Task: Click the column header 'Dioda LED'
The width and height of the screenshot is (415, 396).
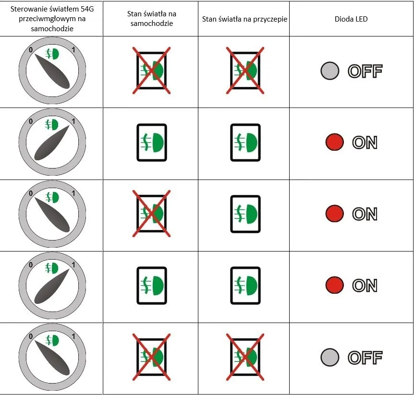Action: (x=351, y=19)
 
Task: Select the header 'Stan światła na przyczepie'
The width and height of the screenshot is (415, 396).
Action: (x=244, y=19)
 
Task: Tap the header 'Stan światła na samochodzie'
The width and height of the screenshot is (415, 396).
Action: (x=152, y=19)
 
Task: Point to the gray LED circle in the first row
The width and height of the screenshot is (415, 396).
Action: (x=330, y=71)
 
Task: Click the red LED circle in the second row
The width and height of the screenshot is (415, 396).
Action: (x=334, y=142)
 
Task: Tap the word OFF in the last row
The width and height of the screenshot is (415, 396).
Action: (x=365, y=358)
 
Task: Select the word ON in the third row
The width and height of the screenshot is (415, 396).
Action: (x=365, y=214)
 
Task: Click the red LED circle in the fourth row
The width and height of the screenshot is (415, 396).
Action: (x=334, y=285)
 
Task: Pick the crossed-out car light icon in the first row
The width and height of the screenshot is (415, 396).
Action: (x=152, y=71)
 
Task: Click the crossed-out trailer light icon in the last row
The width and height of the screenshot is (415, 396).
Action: (x=245, y=357)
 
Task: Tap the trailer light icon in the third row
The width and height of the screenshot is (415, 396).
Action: (x=245, y=214)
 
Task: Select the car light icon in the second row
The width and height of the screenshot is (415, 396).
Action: (x=152, y=142)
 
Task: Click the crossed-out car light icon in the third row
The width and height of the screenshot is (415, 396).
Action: (x=152, y=214)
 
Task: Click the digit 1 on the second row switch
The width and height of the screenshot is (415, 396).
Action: (x=73, y=121)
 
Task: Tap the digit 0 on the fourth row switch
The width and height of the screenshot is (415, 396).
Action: (x=31, y=264)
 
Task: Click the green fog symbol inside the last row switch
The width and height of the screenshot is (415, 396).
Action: (x=52, y=340)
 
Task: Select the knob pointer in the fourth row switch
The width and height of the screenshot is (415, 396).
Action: (x=52, y=286)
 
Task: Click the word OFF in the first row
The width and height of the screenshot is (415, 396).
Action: (x=365, y=71)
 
